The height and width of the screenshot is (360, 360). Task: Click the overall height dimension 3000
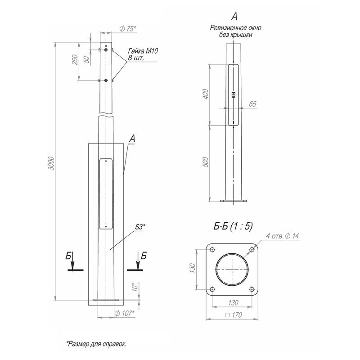click(52, 163)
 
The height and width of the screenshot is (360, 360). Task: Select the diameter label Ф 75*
click(128, 29)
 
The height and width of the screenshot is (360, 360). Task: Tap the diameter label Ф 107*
click(124, 313)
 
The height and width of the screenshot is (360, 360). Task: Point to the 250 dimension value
click(75, 59)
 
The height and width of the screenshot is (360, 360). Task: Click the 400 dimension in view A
click(206, 94)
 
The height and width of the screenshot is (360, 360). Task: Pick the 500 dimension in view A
click(206, 162)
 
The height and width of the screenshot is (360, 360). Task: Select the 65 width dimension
click(252, 104)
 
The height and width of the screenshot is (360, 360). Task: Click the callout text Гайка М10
click(143, 51)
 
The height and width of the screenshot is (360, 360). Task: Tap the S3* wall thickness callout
click(140, 227)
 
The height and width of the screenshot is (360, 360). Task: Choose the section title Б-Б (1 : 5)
click(233, 226)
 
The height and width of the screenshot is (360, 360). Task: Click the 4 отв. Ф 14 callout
click(283, 236)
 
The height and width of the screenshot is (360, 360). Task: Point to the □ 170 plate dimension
click(234, 315)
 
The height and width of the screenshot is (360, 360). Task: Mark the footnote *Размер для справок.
click(96, 344)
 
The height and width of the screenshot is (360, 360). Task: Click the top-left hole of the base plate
click(212, 250)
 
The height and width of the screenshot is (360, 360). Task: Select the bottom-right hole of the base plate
click(252, 289)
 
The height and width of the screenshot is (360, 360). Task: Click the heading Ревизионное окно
click(235, 28)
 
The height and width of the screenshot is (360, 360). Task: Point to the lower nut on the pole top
click(106, 81)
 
